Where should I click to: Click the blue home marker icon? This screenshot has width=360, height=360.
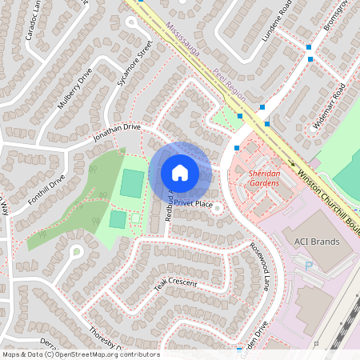(180, 172)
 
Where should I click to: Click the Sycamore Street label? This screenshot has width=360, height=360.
(134, 63)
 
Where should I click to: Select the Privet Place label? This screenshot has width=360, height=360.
(193, 204)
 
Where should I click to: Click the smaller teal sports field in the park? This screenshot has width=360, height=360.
(118, 218)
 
